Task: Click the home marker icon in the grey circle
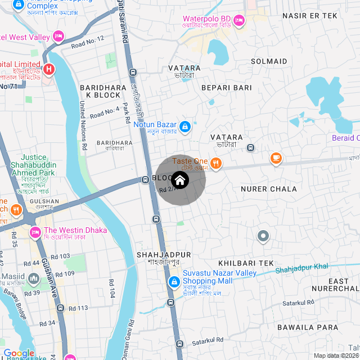point(179,180)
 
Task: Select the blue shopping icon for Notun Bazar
point(184,127)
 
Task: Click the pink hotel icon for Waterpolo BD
point(238,20)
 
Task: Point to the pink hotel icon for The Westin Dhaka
point(35,232)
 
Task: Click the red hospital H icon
point(49,70)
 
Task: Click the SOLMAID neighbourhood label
point(269,61)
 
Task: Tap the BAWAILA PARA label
point(304,326)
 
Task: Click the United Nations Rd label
point(83,125)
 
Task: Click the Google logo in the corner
point(19,353)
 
